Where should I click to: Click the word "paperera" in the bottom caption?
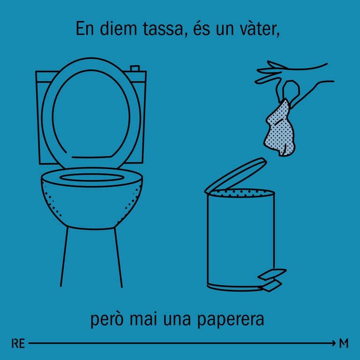(x=231, y=320)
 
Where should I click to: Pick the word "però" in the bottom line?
(x=107, y=319)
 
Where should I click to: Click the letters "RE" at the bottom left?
(x=18, y=344)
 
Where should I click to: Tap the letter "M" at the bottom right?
(x=344, y=343)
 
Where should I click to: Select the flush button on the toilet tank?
(x=135, y=68)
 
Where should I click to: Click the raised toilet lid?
(x=91, y=115)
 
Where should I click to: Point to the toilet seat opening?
(x=92, y=178)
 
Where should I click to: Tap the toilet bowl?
(x=92, y=202)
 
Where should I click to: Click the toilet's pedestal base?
(x=91, y=257)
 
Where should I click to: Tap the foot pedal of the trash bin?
(x=272, y=280)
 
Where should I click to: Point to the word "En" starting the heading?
(x=85, y=29)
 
